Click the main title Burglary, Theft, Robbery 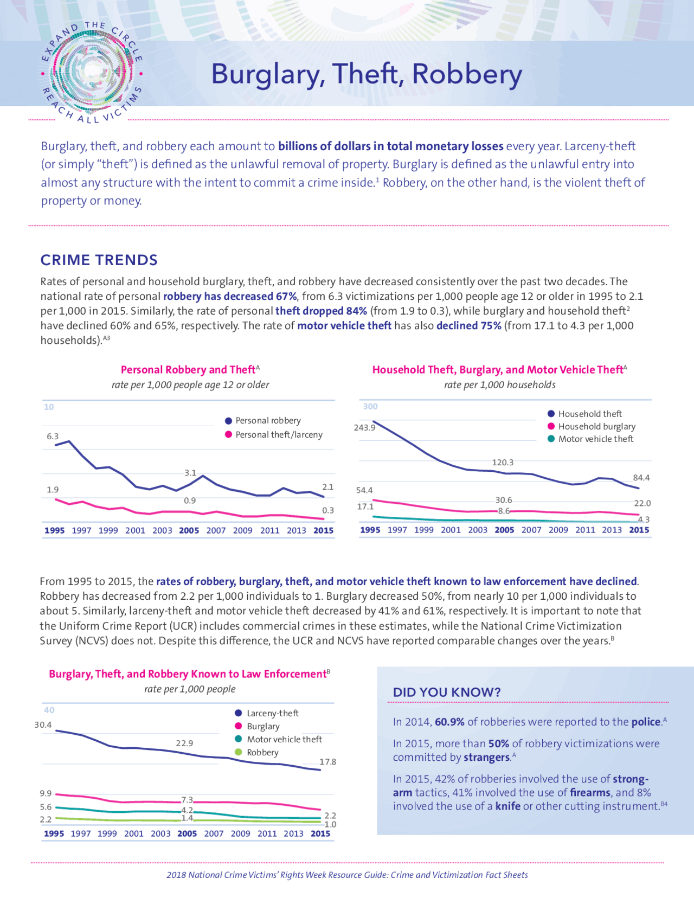[x=366, y=74]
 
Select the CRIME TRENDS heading [x=99, y=260]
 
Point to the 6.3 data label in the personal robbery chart [x=53, y=436]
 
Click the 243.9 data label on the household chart [x=364, y=427]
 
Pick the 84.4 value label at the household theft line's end [x=641, y=478]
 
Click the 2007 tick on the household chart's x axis [x=531, y=530]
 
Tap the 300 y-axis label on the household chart [x=370, y=407]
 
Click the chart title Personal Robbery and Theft [x=188, y=370]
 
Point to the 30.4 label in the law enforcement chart [x=43, y=725]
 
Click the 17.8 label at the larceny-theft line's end [x=327, y=762]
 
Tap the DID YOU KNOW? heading [x=447, y=692]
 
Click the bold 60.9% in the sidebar [x=449, y=722]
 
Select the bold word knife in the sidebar [x=507, y=806]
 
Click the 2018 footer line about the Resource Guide [x=347, y=875]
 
